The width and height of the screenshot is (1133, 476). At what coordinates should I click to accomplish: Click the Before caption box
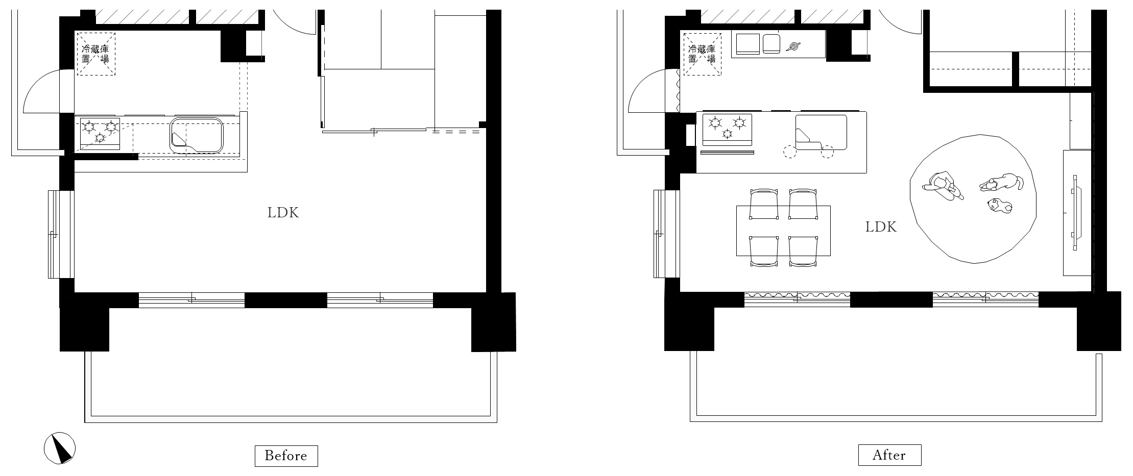[x=286, y=456]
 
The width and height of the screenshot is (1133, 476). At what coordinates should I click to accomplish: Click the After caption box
[x=889, y=455]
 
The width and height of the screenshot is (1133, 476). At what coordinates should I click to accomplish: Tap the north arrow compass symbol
[x=60, y=448]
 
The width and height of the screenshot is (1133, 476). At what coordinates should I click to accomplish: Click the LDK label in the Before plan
[x=283, y=213]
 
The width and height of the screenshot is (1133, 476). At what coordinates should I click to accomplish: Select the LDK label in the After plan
[x=881, y=227]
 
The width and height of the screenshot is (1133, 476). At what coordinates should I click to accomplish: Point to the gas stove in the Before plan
[x=100, y=133]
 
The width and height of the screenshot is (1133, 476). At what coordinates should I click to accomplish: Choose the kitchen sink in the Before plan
[x=197, y=135]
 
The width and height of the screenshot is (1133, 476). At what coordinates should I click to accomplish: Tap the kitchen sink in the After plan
[x=821, y=133]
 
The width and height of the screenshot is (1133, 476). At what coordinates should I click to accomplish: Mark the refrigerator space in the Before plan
[x=96, y=54]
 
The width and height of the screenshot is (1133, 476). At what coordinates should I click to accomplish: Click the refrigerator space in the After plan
[x=702, y=54]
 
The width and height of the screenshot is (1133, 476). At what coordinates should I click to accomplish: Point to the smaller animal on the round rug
[x=999, y=206]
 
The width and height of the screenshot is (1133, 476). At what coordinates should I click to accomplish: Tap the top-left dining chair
[x=764, y=204]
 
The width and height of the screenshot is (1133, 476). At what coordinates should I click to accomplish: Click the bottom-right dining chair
[x=803, y=251]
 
